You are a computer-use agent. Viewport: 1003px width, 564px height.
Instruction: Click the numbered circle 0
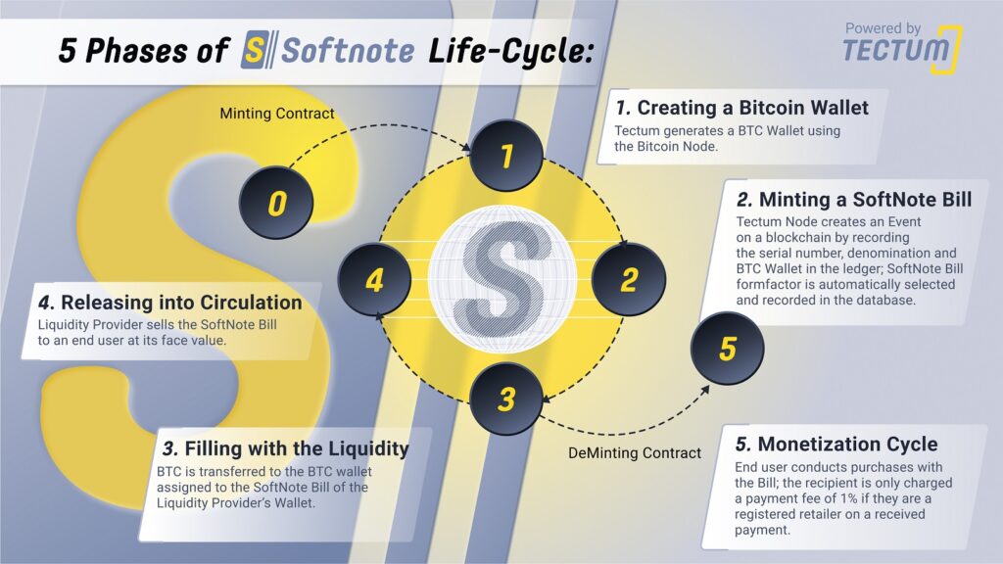[x=276, y=203]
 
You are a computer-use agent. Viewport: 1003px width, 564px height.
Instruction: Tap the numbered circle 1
[x=506, y=156]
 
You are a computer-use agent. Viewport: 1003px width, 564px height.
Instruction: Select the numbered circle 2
[x=629, y=279]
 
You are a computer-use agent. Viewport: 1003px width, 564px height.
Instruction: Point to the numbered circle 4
[x=375, y=279]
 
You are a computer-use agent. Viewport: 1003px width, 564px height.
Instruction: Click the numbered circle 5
[x=728, y=349]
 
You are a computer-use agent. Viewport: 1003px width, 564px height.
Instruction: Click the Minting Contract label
[x=277, y=114]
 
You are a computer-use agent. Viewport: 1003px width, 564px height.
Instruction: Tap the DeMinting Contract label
[x=635, y=452]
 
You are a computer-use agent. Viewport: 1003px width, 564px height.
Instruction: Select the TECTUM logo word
[x=895, y=50]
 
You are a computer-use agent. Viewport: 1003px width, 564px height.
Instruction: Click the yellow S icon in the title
[x=255, y=50]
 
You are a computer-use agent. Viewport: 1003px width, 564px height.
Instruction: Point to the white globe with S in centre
[x=502, y=279]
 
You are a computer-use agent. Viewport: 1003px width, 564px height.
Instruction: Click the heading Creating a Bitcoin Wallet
[x=742, y=108]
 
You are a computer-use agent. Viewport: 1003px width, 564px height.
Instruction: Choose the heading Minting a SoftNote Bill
[x=854, y=200]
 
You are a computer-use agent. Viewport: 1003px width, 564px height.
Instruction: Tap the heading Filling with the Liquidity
[x=285, y=448]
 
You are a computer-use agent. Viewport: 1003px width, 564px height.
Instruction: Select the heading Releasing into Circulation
[x=170, y=302]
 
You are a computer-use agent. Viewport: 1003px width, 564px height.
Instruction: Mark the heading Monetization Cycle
[x=836, y=444]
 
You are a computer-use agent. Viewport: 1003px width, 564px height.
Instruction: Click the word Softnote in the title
[x=348, y=51]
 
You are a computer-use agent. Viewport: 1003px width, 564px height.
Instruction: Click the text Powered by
[x=883, y=28]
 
